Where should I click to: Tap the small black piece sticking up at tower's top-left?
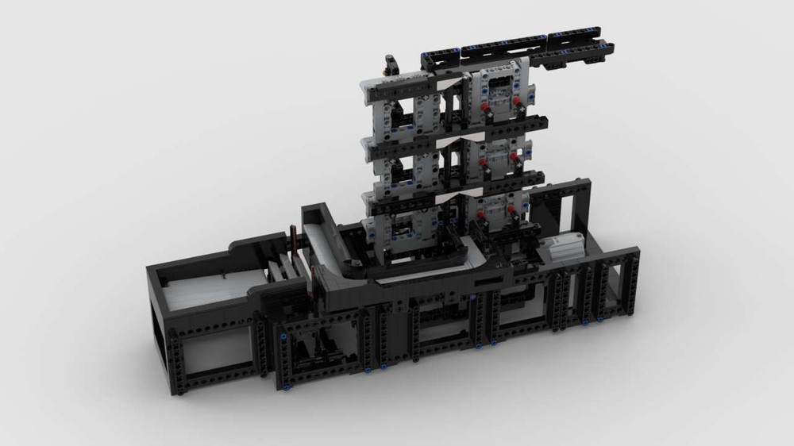[x=391, y=63]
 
